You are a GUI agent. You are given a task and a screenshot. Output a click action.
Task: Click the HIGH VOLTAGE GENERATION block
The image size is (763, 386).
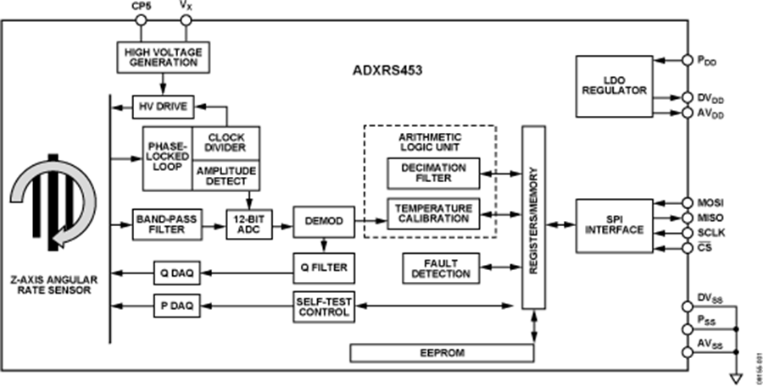(x=163, y=57)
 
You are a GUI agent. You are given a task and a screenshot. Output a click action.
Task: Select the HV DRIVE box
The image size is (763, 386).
(x=164, y=108)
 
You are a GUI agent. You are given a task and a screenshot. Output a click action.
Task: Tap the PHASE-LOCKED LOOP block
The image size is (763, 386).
(x=168, y=159)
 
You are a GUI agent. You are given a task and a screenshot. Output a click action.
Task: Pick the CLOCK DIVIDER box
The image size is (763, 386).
(x=226, y=143)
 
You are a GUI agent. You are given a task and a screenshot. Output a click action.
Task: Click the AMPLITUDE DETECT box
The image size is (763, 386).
(x=226, y=175)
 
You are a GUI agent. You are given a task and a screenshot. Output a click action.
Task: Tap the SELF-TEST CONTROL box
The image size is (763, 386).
(x=323, y=306)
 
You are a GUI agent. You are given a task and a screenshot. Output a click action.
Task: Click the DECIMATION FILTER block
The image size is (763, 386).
(x=432, y=174)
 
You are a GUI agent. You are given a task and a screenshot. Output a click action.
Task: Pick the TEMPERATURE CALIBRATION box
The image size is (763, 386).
(x=432, y=212)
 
